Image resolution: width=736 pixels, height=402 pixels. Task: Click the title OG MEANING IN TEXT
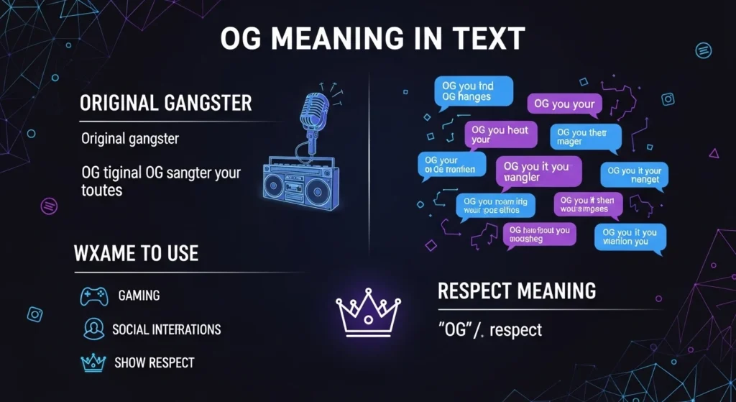(x=372, y=39)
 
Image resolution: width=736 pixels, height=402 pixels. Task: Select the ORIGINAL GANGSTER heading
(x=165, y=103)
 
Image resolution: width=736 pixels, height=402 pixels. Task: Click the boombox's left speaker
(x=280, y=185)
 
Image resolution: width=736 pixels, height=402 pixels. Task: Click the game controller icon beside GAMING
(x=93, y=295)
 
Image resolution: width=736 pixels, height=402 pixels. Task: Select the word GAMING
(x=139, y=296)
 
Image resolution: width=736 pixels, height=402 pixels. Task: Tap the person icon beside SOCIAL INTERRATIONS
(x=93, y=329)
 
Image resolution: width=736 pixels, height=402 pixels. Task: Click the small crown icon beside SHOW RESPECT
(x=94, y=361)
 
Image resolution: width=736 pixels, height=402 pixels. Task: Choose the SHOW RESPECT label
(x=154, y=362)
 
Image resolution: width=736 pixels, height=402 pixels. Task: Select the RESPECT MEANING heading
(x=517, y=291)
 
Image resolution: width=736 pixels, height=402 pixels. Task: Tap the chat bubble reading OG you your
(x=564, y=105)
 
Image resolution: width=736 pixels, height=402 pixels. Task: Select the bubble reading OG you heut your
(x=498, y=134)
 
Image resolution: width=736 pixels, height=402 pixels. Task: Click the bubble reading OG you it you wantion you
(x=630, y=237)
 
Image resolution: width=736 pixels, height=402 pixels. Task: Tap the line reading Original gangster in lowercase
(x=129, y=137)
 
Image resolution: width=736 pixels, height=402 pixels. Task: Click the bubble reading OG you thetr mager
(x=585, y=137)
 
